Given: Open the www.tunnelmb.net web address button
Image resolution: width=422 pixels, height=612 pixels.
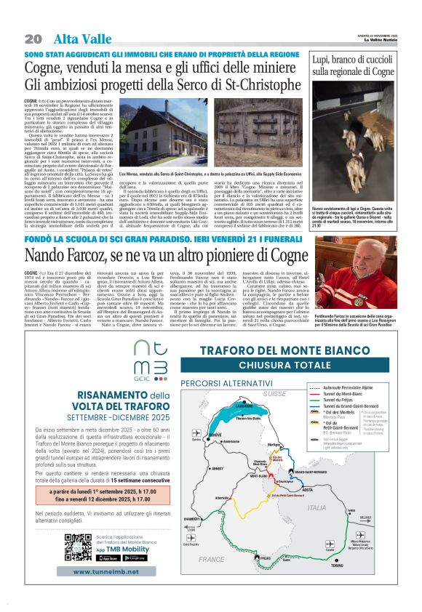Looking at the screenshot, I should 105,572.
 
